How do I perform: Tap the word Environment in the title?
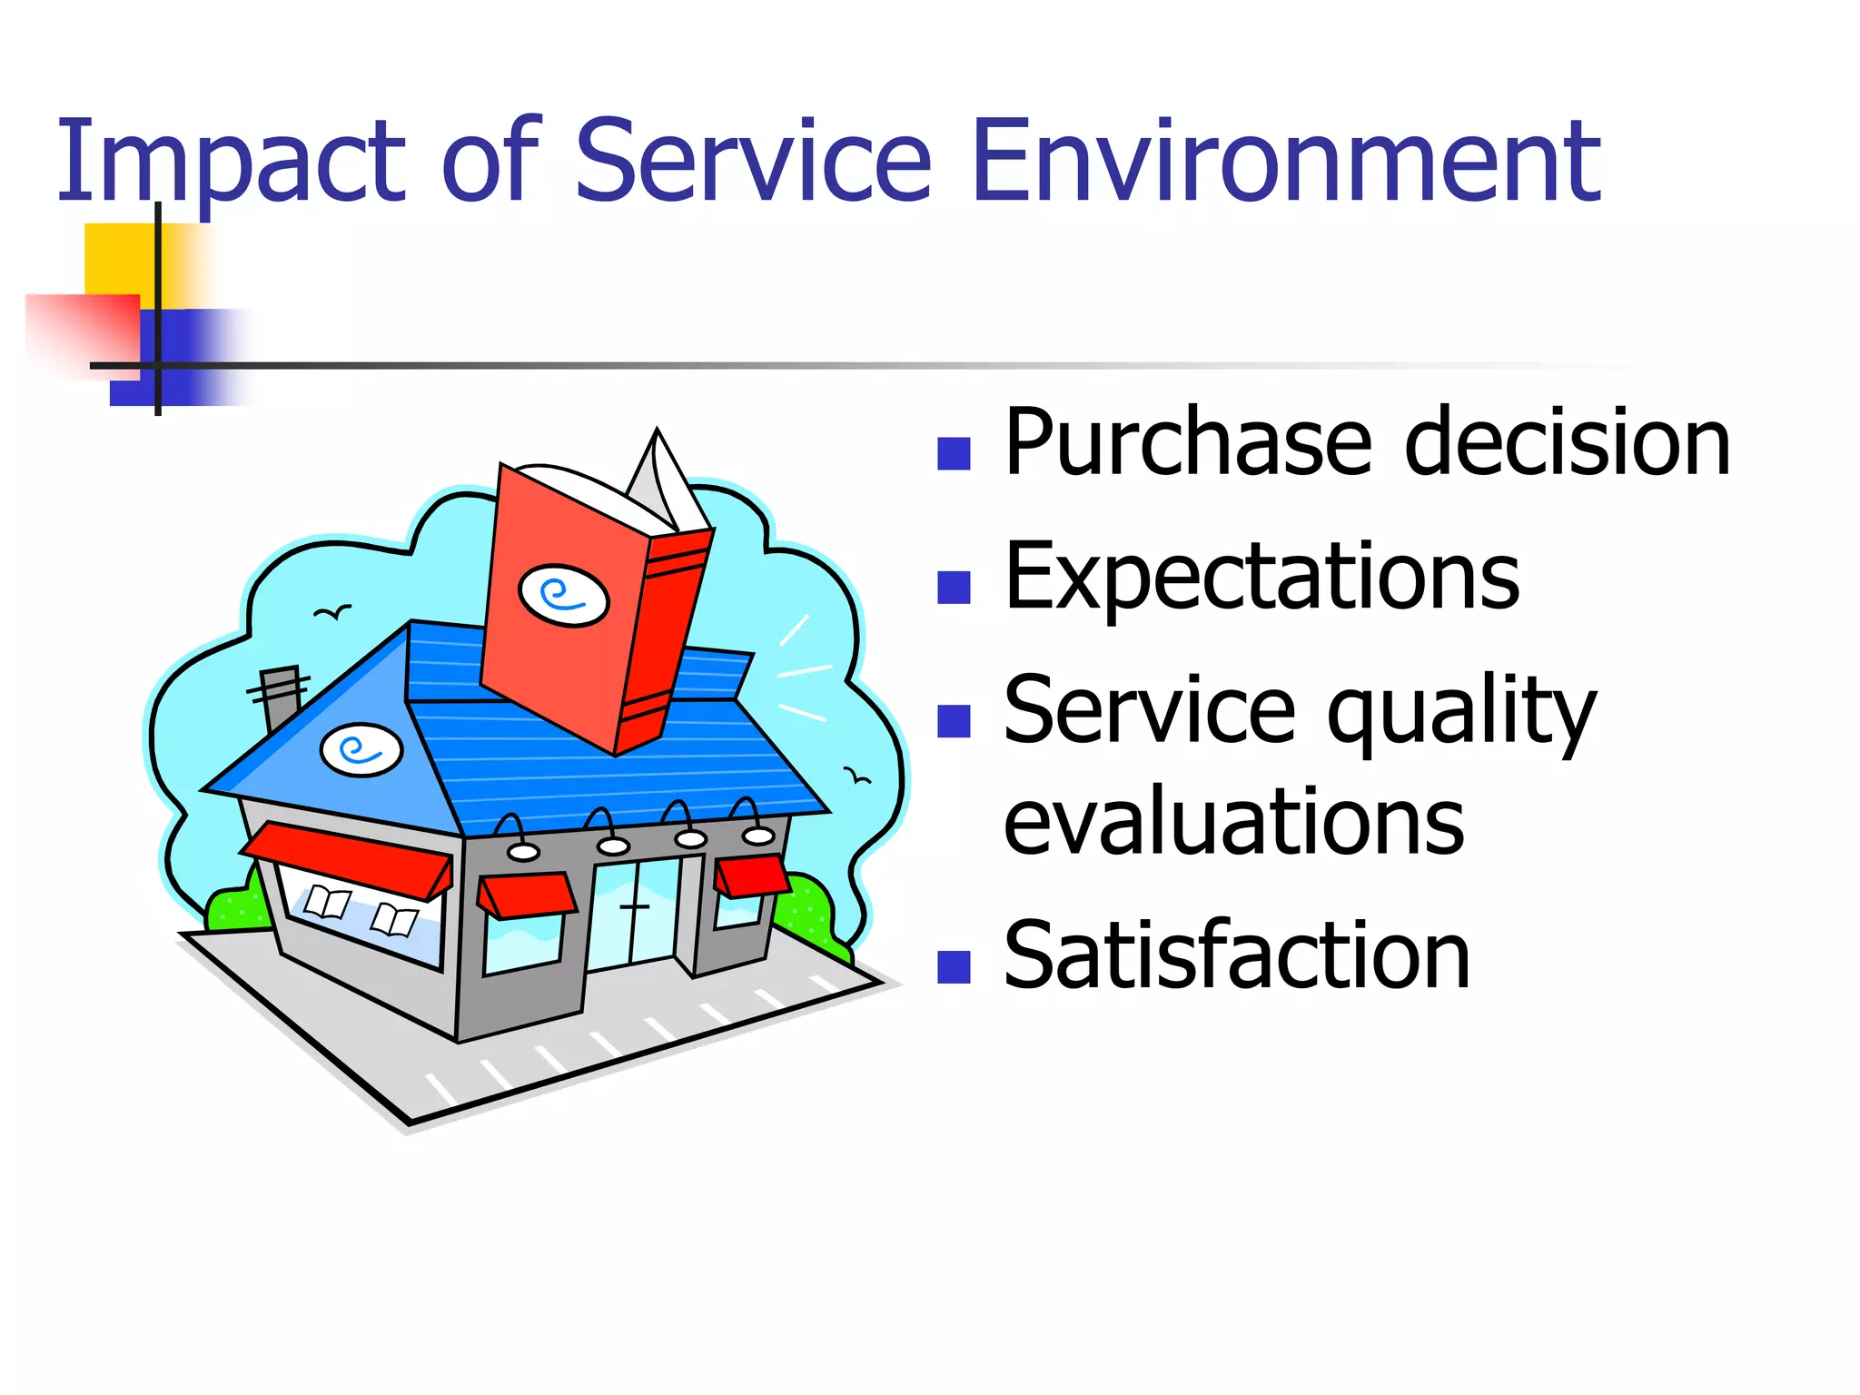(x=1284, y=163)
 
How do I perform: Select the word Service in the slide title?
(x=752, y=163)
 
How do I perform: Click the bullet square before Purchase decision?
(x=954, y=453)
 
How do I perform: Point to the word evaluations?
(x=1233, y=822)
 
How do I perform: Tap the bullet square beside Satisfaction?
(x=954, y=967)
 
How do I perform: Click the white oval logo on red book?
(x=563, y=596)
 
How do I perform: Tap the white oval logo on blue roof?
(x=361, y=750)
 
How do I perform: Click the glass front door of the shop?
(x=634, y=913)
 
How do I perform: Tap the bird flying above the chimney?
(x=332, y=613)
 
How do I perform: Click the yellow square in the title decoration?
(x=118, y=259)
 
